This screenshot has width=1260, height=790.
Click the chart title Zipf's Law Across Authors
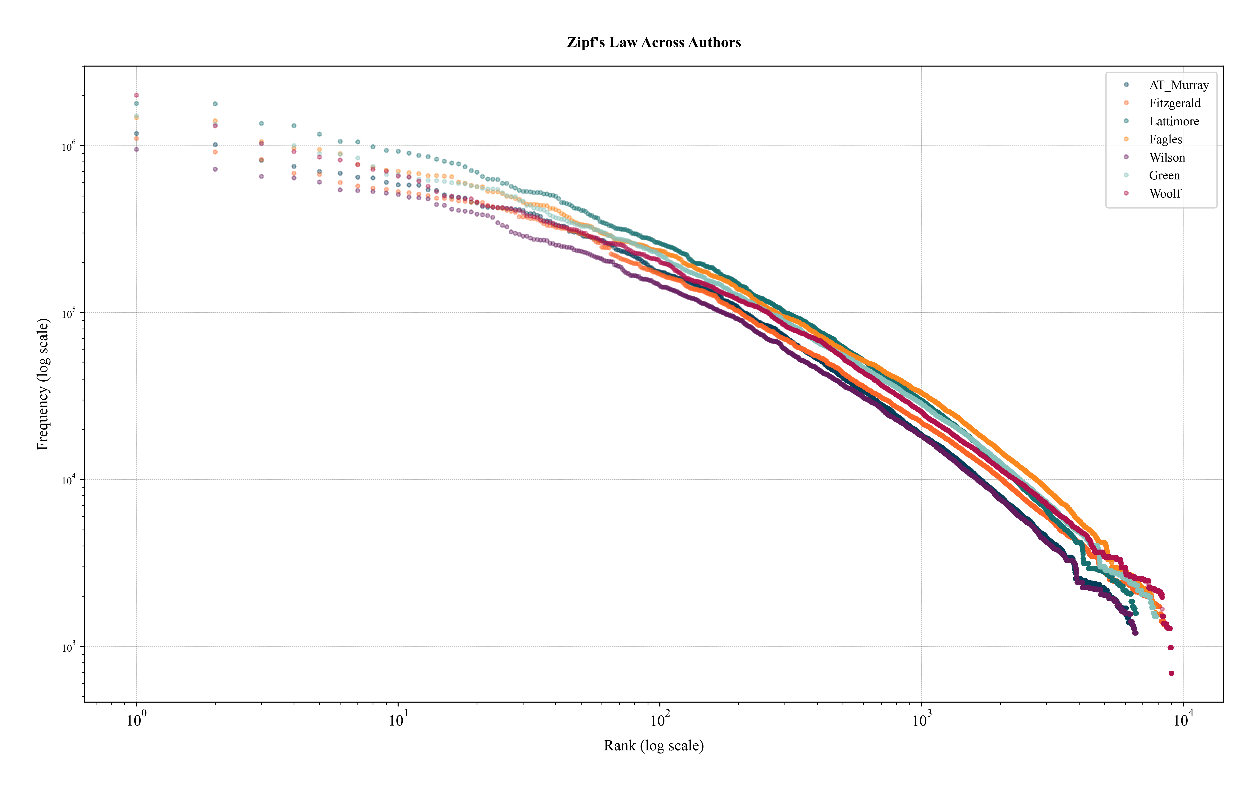tap(653, 42)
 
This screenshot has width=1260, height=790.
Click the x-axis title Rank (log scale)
tap(653, 745)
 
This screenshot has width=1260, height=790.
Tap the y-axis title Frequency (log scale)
tap(43, 384)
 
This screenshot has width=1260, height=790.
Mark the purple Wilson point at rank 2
tap(215, 169)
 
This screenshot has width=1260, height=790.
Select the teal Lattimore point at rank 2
tap(215, 104)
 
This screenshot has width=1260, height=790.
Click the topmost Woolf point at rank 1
tap(136, 95)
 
